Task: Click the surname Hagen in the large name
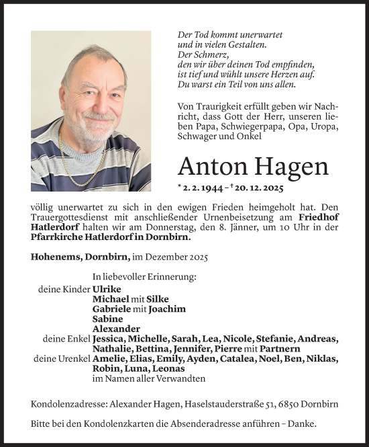coord(293,165)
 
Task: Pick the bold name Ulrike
coord(107,288)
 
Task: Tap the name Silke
coord(156,298)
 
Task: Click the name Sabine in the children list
coord(108,319)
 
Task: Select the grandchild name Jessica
coord(111,339)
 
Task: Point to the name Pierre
coord(227,349)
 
